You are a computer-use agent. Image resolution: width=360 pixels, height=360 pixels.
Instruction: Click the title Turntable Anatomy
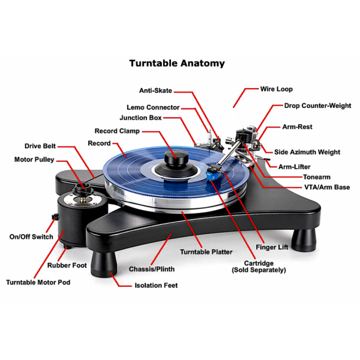pyautogui.click(x=177, y=64)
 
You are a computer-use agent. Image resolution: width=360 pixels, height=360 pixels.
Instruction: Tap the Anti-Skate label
pyautogui.click(x=155, y=91)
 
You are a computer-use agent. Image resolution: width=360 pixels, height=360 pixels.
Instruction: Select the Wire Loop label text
pyautogui.click(x=277, y=89)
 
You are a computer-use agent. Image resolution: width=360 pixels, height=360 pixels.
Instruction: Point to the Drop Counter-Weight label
pyautogui.click(x=318, y=106)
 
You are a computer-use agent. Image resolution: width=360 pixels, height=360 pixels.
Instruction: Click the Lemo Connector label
pyautogui.click(x=153, y=107)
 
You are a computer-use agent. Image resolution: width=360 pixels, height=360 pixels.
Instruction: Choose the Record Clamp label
pyautogui.click(x=117, y=131)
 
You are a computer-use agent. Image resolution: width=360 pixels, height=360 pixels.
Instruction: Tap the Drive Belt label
pyautogui.click(x=40, y=146)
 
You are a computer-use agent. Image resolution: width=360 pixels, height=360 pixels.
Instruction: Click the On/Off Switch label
pyautogui.click(x=31, y=237)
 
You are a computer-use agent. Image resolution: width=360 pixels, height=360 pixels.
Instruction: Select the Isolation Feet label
pyautogui.click(x=156, y=286)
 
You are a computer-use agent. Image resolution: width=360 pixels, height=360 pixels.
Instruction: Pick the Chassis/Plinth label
pyautogui.click(x=152, y=269)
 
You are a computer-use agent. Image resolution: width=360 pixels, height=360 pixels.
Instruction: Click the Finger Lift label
pyautogui.click(x=272, y=247)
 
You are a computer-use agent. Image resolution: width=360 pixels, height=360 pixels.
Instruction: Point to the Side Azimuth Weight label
pyautogui.click(x=307, y=152)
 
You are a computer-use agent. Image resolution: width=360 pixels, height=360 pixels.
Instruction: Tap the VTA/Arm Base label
pyautogui.click(x=327, y=187)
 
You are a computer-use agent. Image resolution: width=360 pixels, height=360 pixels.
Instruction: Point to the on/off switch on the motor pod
pyautogui.click(x=55, y=217)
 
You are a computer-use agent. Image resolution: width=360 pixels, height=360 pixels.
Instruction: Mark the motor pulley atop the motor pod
pyautogui.click(x=82, y=189)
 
